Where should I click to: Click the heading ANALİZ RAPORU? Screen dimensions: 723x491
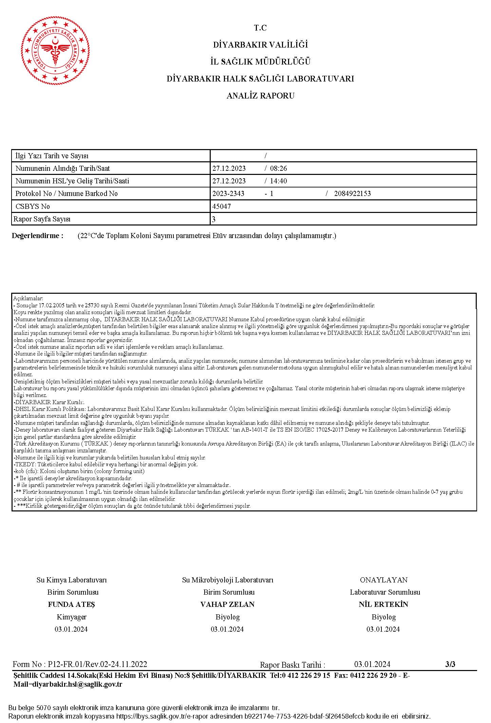click(260, 96)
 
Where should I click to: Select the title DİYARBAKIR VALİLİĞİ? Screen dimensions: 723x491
click(260, 45)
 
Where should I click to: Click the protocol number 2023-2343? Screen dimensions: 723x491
click(228, 194)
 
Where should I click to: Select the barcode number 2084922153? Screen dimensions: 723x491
click(352, 194)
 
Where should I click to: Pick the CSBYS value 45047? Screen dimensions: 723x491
click(222, 206)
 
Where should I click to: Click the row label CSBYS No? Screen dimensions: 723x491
click(33, 206)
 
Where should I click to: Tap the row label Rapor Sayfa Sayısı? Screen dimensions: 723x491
click(42, 219)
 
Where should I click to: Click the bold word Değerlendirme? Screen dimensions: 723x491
click(37, 236)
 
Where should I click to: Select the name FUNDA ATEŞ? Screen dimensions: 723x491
click(71, 604)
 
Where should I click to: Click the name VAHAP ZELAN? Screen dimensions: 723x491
click(227, 604)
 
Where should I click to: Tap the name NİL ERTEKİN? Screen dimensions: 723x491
click(383, 604)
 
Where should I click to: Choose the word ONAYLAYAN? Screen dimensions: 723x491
click(383, 580)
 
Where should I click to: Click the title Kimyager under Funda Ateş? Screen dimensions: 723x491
click(71, 617)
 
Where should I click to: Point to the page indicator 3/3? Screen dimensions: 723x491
click(450, 664)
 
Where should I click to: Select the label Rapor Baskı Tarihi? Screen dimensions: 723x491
click(292, 665)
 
